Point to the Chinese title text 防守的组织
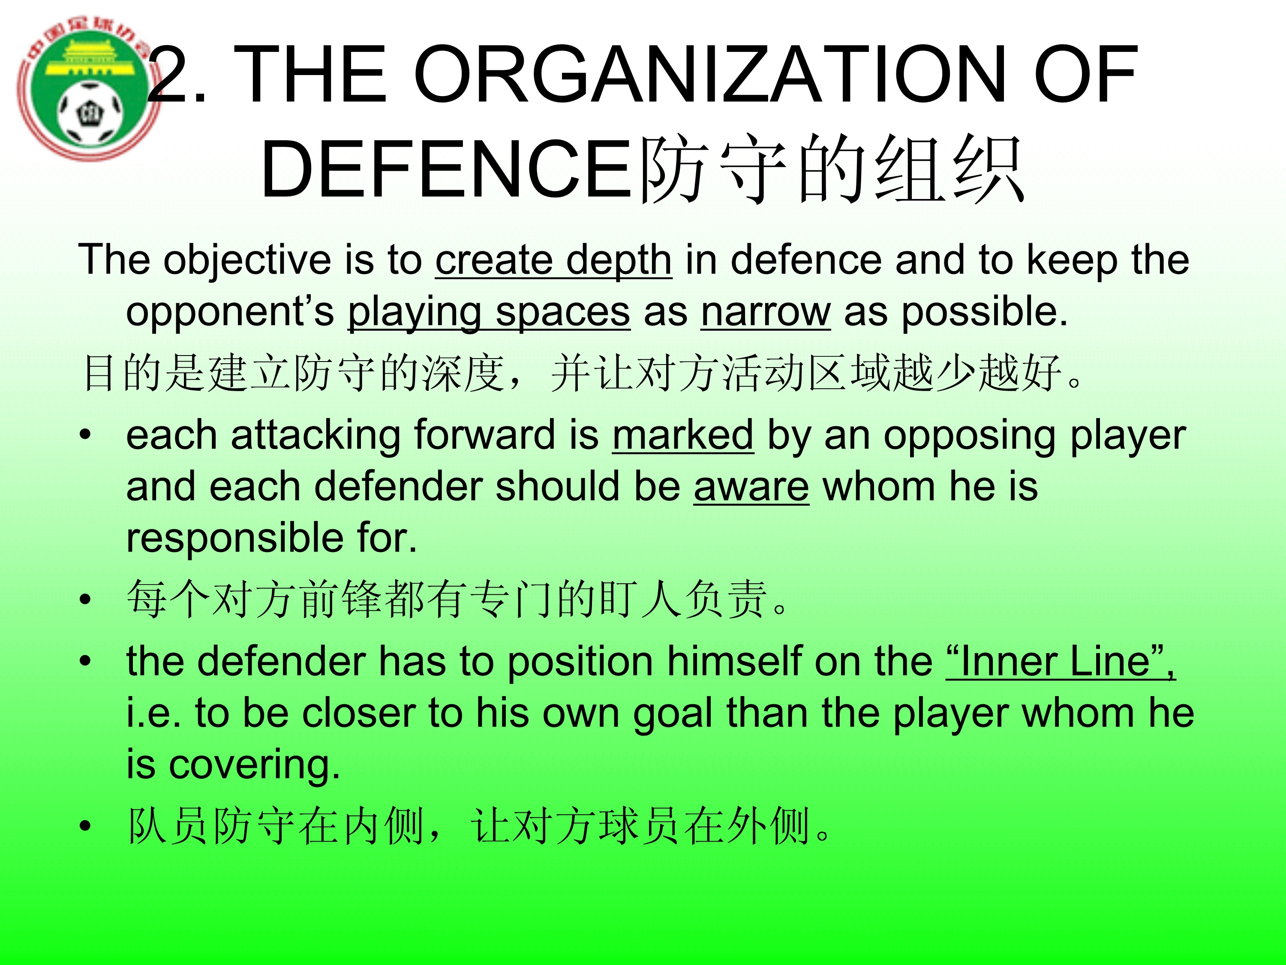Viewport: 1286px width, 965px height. [831, 169]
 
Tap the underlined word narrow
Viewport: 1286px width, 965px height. [766, 312]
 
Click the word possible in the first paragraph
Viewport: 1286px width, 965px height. [984, 312]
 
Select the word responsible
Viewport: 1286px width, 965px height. [235, 539]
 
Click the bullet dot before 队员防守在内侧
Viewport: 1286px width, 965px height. [85, 826]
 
